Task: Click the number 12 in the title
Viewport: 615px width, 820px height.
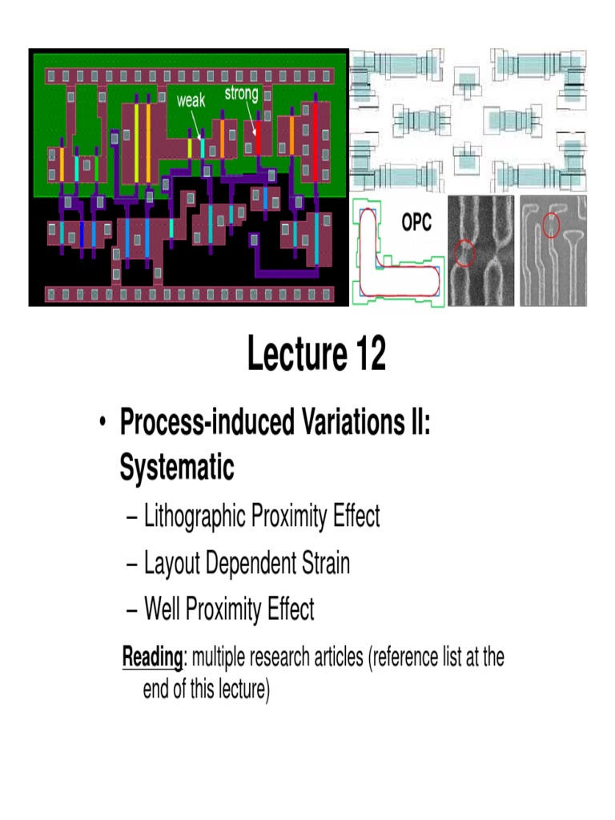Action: coord(366,356)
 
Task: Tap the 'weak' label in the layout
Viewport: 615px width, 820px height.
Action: coord(191,101)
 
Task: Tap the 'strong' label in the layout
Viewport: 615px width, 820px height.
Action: coord(241,94)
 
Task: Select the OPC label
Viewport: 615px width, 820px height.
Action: coord(416,223)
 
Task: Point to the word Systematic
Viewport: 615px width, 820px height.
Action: coord(177,467)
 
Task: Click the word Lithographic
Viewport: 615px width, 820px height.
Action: coord(195,517)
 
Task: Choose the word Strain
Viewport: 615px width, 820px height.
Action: coord(323,563)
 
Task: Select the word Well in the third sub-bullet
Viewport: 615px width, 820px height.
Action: coord(163,609)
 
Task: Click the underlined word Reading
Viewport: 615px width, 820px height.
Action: coord(153,658)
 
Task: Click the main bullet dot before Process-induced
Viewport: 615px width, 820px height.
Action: coord(102,424)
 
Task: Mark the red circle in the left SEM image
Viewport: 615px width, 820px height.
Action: coord(464,255)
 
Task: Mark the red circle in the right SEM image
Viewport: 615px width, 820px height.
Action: coord(551,225)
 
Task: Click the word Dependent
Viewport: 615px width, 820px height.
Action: coord(250,563)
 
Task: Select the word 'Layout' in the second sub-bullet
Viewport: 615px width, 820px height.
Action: coord(172,563)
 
